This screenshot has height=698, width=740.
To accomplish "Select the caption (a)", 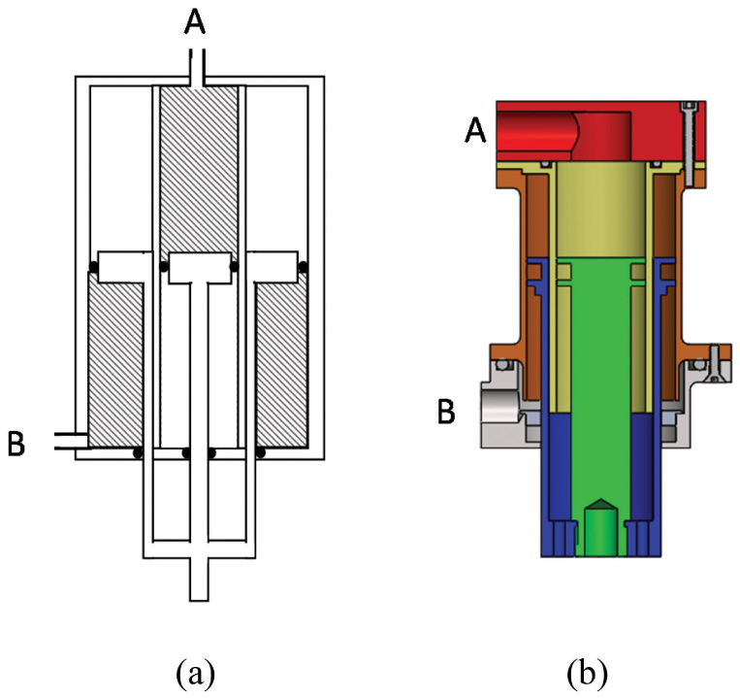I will click(197, 670).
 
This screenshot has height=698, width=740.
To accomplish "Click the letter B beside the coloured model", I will click(446, 412).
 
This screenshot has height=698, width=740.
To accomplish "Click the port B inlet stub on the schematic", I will click(68, 442).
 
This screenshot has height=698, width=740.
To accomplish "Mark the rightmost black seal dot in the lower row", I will click(260, 452).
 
